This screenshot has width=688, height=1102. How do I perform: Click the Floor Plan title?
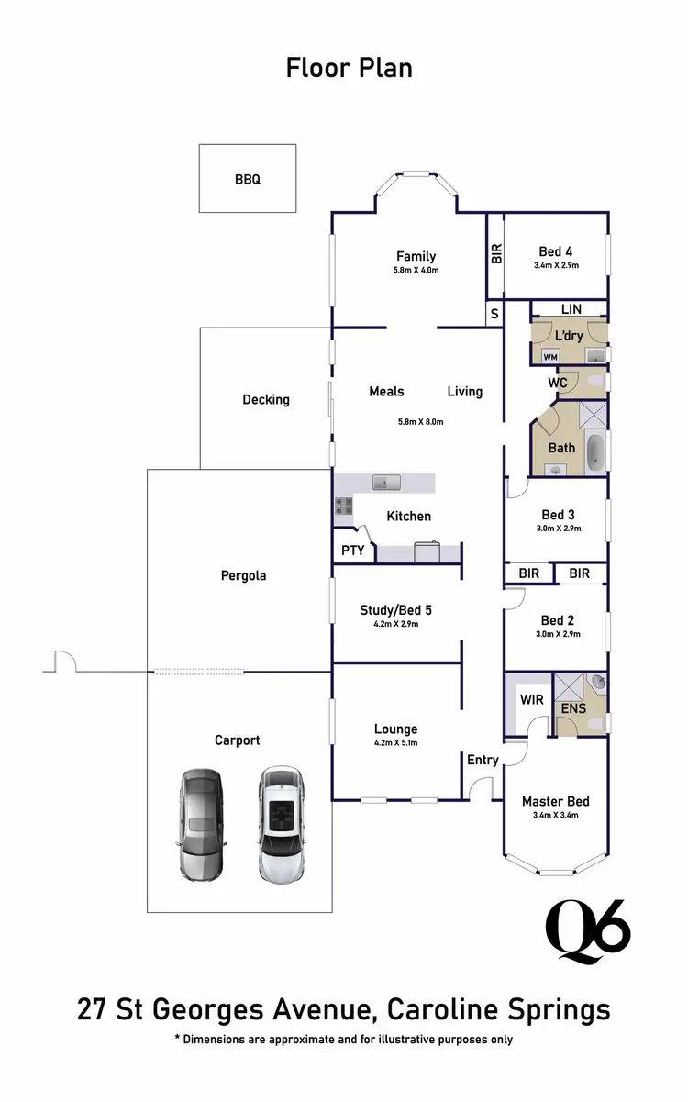coord(349,69)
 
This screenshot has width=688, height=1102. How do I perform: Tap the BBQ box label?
coord(247,180)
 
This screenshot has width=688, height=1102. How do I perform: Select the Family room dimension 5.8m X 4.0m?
coord(416,271)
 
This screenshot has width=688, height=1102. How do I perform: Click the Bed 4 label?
coord(555,251)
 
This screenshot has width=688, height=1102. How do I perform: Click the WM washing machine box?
coord(550,356)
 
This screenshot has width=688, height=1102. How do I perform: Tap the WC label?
coord(557,381)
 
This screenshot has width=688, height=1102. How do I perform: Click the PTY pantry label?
coord(352,551)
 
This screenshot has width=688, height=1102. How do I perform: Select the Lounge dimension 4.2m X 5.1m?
coord(395,743)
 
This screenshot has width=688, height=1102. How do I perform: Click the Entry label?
coord(483,760)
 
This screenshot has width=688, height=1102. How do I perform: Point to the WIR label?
coord(532,700)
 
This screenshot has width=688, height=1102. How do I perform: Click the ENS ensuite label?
coord(573,708)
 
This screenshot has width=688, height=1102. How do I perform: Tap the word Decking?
coord(266,399)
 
